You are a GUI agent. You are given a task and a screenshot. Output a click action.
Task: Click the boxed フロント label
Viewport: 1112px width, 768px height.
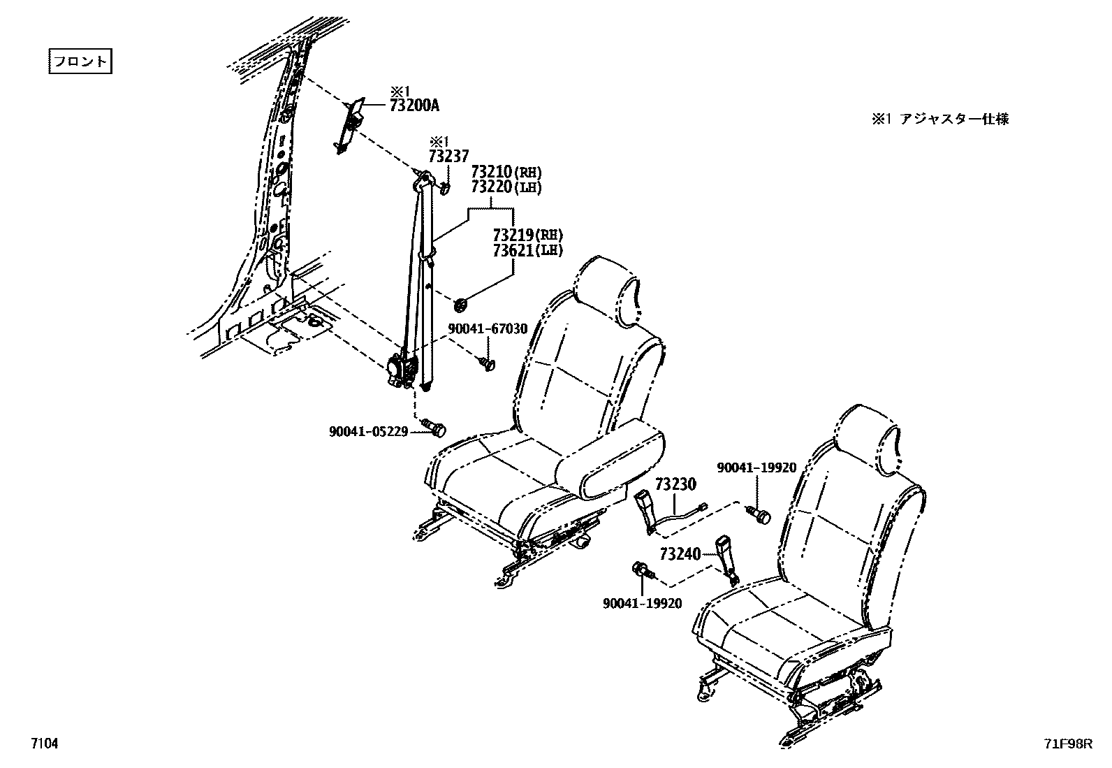click(x=80, y=61)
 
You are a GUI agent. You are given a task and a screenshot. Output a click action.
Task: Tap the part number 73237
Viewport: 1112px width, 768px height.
click(x=448, y=157)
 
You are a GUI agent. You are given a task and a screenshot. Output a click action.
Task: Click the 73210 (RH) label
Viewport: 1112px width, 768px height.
click(x=506, y=172)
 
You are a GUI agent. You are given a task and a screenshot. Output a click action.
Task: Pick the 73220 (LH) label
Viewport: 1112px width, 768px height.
click(x=506, y=187)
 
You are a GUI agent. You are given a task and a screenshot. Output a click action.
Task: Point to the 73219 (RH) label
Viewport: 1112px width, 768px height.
click(x=527, y=235)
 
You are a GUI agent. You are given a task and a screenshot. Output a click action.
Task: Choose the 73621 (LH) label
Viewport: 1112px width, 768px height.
click(x=527, y=249)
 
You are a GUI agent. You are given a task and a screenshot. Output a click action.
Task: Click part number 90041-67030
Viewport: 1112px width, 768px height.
click(x=488, y=328)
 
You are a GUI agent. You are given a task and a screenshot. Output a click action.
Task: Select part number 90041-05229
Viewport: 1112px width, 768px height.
click(x=368, y=432)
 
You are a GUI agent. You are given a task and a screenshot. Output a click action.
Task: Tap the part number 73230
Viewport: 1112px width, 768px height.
click(x=675, y=483)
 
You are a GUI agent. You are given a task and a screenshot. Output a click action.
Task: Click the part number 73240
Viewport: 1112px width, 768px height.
click(x=680, y=554)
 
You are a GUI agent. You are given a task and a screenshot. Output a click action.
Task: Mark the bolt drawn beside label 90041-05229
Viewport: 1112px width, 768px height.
click(x=434, y=426)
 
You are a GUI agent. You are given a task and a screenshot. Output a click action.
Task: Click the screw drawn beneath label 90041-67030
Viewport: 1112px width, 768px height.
click(x=486, y=363)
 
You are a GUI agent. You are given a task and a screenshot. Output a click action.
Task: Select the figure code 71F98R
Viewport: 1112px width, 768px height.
click(x=1067, y=745)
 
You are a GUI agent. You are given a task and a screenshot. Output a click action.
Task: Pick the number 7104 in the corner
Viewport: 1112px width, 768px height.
click(x=43, y=744)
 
